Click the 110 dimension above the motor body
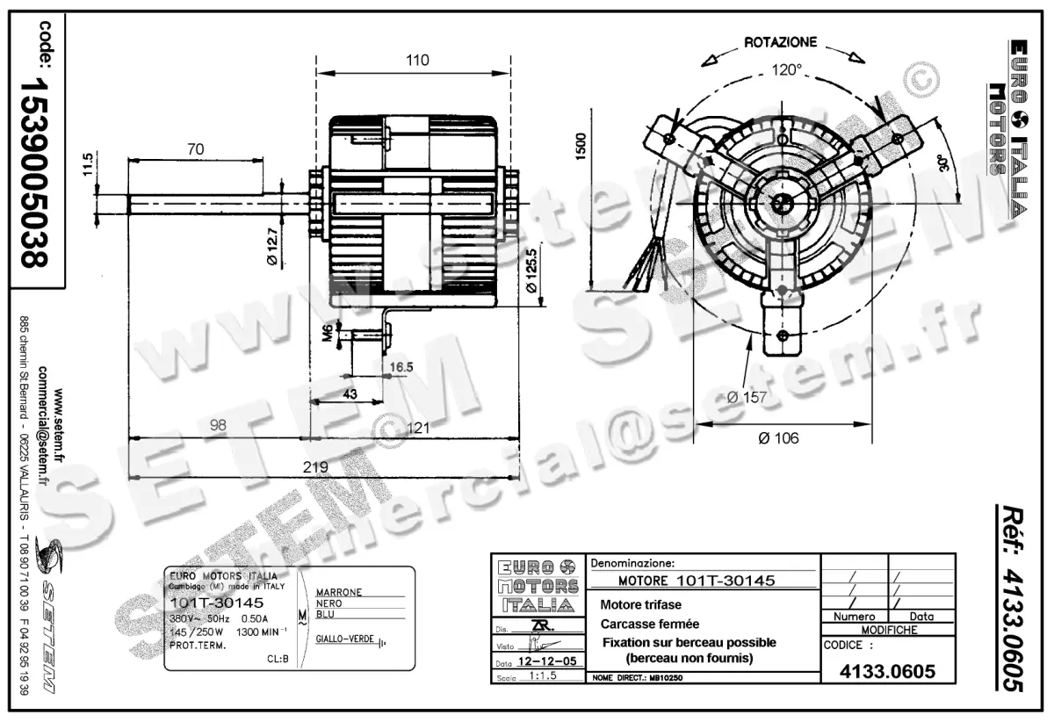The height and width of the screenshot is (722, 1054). point(417,61)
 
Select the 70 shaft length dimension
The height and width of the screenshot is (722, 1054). point(195,149)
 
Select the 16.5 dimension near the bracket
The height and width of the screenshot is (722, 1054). point(401,367)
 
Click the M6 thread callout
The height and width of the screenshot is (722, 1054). point(328,332)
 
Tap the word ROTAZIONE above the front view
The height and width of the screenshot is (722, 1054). point(780,41)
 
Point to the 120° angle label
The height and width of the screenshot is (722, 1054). point(786,69)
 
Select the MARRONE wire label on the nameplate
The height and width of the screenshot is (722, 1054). point(338,592)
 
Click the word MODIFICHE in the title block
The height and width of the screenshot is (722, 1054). point(889,630)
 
